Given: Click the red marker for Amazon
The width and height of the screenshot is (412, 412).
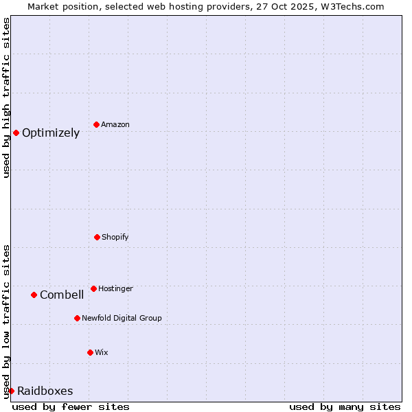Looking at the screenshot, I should coord(96,124).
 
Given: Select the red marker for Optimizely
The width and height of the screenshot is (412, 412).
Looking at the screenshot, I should coord(16,133).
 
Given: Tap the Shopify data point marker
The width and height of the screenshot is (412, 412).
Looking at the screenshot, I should coord(97,237).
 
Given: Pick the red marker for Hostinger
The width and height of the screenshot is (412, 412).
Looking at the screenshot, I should coord(93,288).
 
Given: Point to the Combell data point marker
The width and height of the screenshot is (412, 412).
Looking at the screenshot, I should coord(34,295).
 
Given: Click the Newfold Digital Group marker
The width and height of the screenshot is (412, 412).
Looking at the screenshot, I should coord(77,318).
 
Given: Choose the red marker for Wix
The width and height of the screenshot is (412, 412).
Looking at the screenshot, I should coord(90,352).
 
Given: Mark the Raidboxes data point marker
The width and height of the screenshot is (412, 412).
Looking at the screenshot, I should coord(11,391).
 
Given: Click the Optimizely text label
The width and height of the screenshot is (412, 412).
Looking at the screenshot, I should coord(51,133).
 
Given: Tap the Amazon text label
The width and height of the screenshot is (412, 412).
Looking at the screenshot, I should coord(115,125).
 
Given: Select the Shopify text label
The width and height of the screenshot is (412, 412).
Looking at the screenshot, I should coord(115,238).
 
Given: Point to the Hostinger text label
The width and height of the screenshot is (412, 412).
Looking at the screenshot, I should coord(115,289).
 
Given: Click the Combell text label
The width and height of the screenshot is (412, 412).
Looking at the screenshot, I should coord(62,295).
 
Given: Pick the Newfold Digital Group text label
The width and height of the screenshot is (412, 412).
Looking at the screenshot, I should coord(122,319).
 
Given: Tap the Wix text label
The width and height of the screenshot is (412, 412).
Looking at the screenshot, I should coord(102,353).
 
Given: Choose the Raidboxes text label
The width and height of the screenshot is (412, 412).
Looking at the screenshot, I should coord(45,391).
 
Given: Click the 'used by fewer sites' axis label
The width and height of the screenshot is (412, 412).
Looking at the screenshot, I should coord(71,407).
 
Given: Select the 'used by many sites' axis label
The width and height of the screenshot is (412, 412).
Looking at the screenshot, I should coord(345,407).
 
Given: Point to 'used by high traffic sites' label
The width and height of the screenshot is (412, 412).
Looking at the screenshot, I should coord(6,98).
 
